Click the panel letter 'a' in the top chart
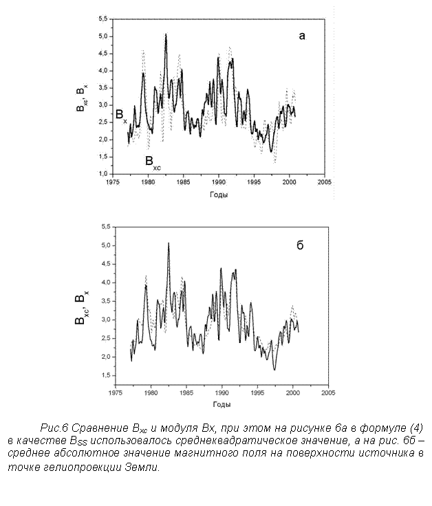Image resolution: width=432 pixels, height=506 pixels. tap(301, 36)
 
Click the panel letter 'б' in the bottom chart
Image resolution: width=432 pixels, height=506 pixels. tap(300, 245)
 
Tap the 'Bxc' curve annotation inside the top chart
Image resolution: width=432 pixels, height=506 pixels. tap(153, 162)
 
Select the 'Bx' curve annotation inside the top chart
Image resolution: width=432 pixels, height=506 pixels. tap(121, 115)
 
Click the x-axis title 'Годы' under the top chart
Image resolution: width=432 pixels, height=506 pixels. tap(219, 195)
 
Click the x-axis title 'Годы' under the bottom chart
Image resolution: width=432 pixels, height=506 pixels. tap(222, 404)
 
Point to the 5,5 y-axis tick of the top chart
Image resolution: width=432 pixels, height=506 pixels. tap(103, 19)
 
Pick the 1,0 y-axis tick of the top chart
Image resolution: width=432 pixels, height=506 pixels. tap(103, 174)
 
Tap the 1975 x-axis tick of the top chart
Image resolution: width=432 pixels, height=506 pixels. tap(113, 182)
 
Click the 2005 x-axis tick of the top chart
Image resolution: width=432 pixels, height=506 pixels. tap(325, 182)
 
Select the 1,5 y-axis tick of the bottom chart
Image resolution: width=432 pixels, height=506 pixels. tap(106, 375)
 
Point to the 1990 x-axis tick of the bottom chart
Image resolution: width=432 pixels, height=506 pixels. tap(222, 393)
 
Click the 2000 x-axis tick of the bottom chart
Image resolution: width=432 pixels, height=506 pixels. tap(293, 393)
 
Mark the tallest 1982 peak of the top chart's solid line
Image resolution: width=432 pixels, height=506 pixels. tap(166, 34)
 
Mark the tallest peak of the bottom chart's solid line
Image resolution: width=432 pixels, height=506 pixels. tap(169, 243)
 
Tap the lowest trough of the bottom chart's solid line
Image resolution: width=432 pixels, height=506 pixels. tap(274, 370)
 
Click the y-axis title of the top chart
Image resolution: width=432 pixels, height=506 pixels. tap(81, 98)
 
